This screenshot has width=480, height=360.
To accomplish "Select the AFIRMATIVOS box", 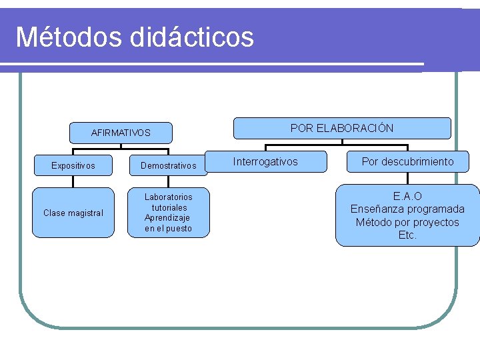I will click(x=121, y=133).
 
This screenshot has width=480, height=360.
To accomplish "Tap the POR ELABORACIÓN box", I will click(x=342, y=128).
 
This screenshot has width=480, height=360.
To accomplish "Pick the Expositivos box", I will click(x=73, y=165).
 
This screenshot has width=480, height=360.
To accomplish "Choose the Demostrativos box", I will click(x=169, y=165).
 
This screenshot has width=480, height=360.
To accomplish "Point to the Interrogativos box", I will click(x=265, y=161).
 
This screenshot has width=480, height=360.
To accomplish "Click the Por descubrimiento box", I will click(x=407, y=161).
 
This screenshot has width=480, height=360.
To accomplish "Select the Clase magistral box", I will click(x=73, y=213).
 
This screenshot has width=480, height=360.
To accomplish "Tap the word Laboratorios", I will click(x=169, y=197).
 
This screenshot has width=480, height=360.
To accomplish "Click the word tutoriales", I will click(x=169, y=207).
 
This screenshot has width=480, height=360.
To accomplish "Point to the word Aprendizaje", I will click(x=167, y=218).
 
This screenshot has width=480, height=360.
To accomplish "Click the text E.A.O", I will click(x=407, y=197).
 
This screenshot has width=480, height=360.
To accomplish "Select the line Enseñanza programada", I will click(x=407, y=209).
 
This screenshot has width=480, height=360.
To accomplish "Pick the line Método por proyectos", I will click(x=407, y=222).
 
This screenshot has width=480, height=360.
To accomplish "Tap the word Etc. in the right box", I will click(x=407, y=235).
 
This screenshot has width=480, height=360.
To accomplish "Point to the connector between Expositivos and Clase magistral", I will click(x=73, y=181).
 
